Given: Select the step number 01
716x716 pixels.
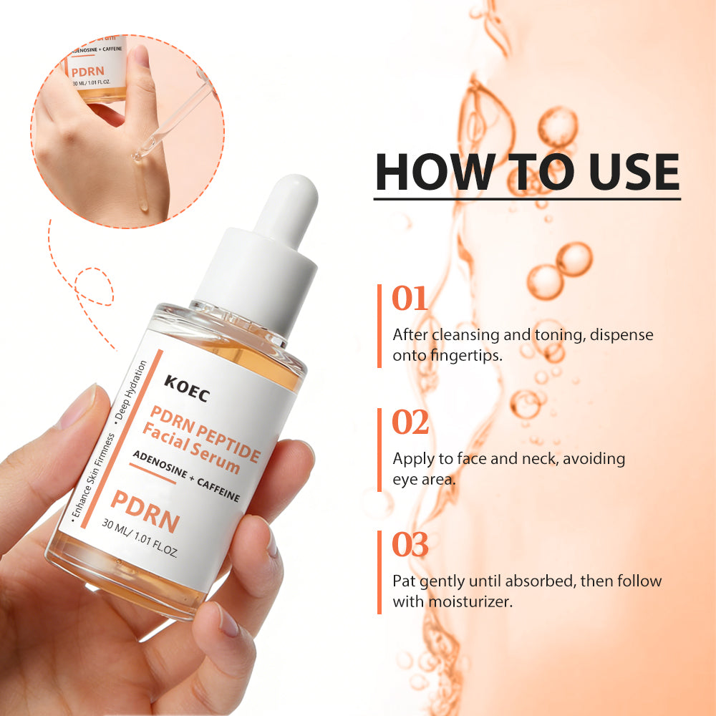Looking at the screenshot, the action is (410, 298).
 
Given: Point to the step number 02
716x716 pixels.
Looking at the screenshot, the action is (410, 422).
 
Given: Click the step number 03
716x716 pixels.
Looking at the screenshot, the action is (410, 544).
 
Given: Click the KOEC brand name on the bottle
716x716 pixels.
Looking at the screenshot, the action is (187, 389).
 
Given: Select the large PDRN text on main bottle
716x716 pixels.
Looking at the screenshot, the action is (145, 511).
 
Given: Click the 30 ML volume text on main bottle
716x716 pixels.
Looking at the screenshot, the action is (140, 538).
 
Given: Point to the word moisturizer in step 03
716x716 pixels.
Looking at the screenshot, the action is (470, 601).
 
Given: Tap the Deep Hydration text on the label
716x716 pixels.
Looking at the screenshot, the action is (131, 390).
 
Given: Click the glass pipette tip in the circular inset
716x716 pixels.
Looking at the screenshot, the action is (137, 156).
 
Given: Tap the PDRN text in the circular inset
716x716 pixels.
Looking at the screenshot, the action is (87, 72).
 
